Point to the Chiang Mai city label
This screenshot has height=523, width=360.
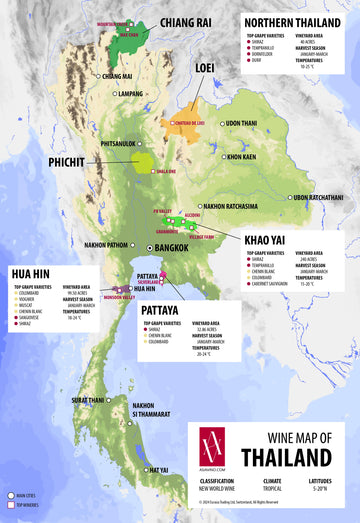click(x=116, y=76)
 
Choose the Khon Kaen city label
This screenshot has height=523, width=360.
click(x=244, y=157)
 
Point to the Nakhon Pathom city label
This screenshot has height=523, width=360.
click(x=107, y=244)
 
